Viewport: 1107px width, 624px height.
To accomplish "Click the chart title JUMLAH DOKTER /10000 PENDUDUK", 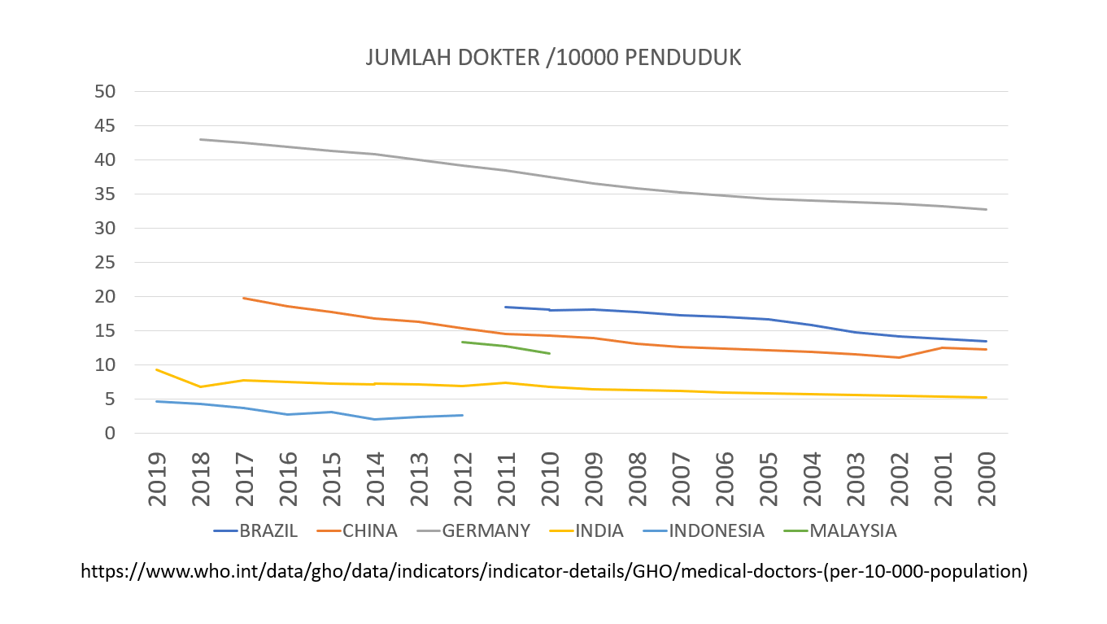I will pyautogui.click(x=553, y=59).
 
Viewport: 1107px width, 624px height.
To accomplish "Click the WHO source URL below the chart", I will pyautogui.click(x=554, y=572).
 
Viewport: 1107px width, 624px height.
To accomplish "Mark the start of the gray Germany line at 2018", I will pyautogui.click(x=200, y=139).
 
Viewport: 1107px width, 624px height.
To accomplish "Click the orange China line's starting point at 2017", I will pyautogui.click(x=244, y=298).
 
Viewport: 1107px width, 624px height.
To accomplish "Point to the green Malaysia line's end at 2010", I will pyautogui.click(x=550, y=353).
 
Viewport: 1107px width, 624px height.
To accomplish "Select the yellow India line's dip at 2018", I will pyautogui.click(x=200, y=386).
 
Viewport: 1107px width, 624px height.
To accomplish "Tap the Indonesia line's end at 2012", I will pyautogui.click(x=462, y=415).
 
